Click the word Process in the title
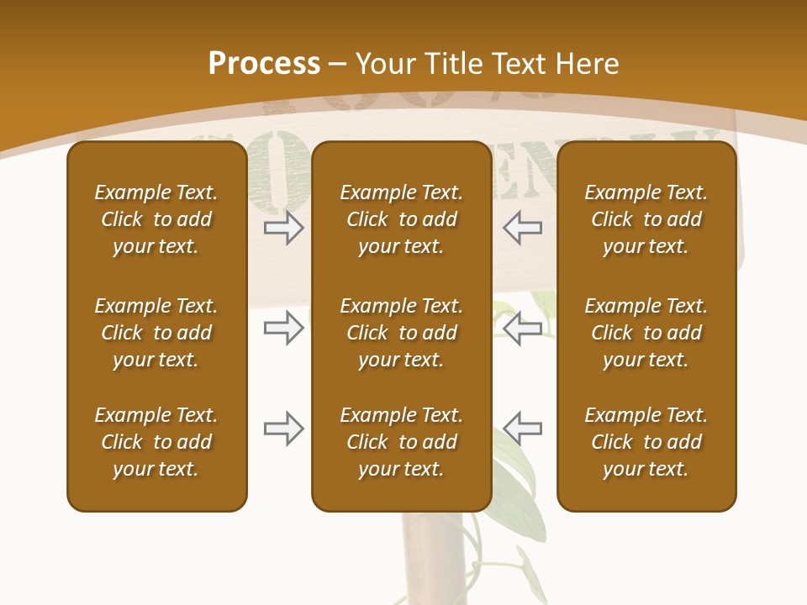[x=264, y=64]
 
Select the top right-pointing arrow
[x=283, y=228]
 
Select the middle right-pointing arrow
[x=283, y=328]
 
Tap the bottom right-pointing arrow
[x=283, y=429]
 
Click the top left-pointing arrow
[x=523, y=228]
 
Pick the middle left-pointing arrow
[x=523, y=328]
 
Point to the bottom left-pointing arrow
[x=523, y=429]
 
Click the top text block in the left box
[x=156, y=219]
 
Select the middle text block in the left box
[x=156, y=333]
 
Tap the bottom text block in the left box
[x=156, y=442]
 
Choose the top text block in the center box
[x=401, y=219]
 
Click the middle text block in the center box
[x=401, y=333]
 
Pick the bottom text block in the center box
[x=401, y=442]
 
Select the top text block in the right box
[x=646, y=219]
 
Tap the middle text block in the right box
[x=646, y=333]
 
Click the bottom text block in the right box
[x=646, y=442]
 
